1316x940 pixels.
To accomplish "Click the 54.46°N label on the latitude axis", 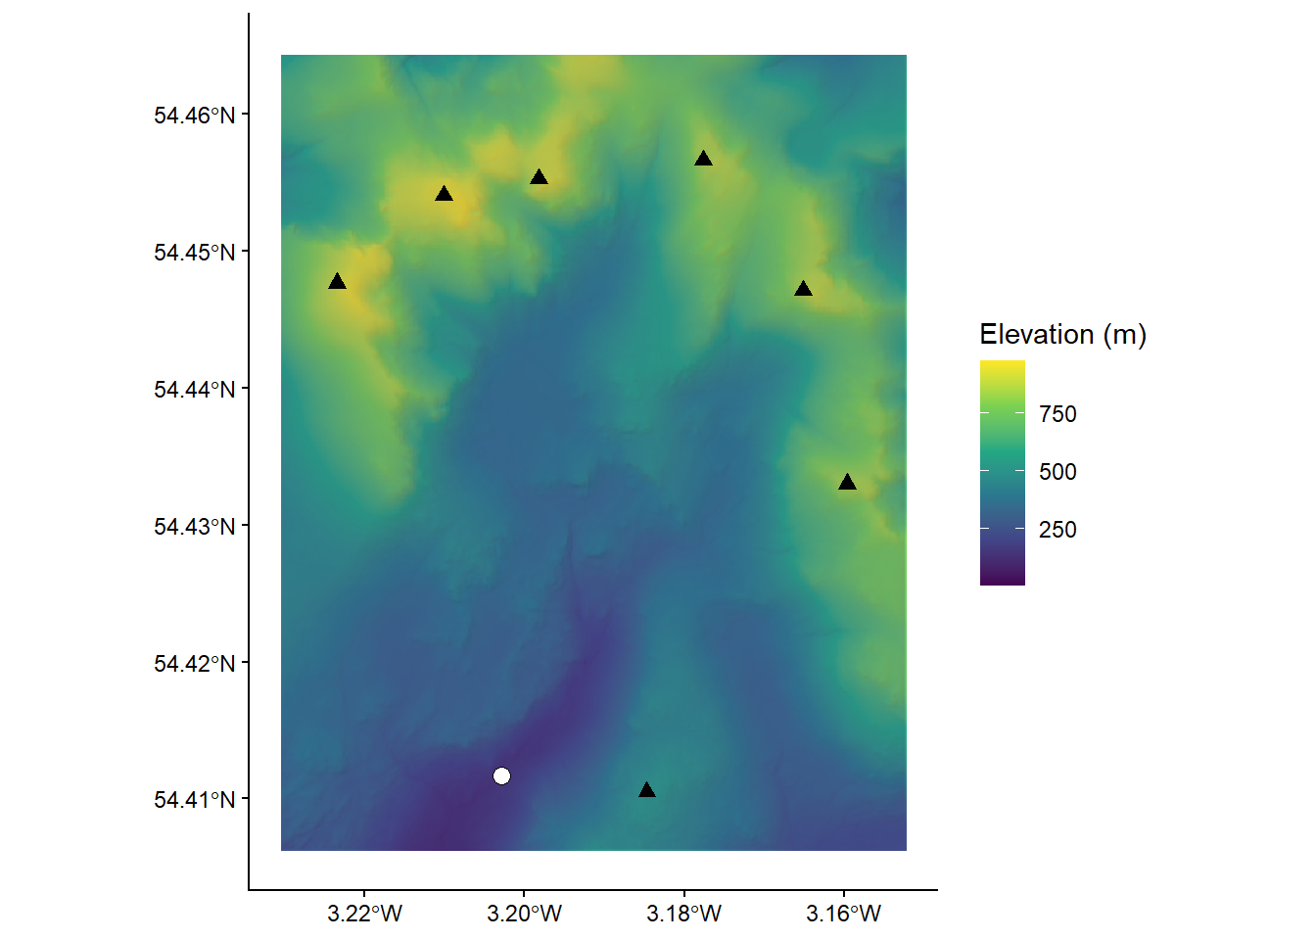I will click(x=195, y=116).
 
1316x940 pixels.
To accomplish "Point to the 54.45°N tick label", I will click(x=195, y=253).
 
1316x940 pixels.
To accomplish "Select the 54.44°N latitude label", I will click(x=195, y=390).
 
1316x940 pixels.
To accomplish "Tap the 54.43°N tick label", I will click(x=195, y=527).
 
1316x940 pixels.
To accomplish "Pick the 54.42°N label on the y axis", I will click(x=195, y=664).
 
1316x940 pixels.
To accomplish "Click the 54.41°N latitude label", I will click(x=195, y=800).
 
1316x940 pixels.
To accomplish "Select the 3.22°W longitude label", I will click(x=364, y=915).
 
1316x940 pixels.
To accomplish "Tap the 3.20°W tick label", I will click(x=524, y=915).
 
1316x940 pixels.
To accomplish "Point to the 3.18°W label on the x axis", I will click(x=683, y=915).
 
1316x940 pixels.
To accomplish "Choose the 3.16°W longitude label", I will click(x=843, y=915).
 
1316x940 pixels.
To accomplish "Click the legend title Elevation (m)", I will click(x=1062, y=335).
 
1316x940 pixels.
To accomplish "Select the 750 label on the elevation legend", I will click(x=1057, y=414).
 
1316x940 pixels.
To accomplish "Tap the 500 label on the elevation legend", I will click(x=1057, y=472).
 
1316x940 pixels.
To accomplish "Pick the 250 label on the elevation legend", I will click(x=1057, y=530).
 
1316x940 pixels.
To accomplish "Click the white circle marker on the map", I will click(x=501, y=775).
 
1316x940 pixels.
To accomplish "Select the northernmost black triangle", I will click(x=703, y=159).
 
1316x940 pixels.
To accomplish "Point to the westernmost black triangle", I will click(x=337, y=282).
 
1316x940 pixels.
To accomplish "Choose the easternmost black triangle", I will click(x=847, y=483).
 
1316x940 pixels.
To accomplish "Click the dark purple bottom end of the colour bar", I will click(x=1002, y=578).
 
